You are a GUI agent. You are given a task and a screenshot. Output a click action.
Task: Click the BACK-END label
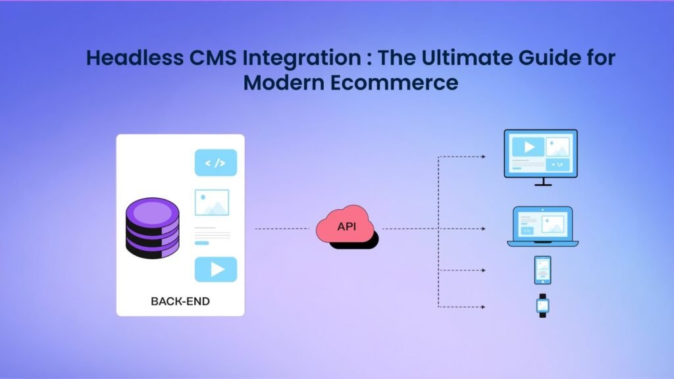180,301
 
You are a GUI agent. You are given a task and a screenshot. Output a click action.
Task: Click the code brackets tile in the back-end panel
215,163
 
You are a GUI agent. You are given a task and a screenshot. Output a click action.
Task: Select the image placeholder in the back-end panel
212,203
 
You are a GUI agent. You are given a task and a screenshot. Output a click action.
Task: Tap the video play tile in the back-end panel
215,269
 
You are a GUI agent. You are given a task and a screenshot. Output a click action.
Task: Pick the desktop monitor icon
540,154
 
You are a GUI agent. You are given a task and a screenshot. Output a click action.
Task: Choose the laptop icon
542,226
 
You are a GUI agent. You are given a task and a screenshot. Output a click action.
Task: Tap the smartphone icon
542,270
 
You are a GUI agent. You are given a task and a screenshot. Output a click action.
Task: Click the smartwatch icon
543,305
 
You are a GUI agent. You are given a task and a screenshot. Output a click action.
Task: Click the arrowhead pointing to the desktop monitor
483,157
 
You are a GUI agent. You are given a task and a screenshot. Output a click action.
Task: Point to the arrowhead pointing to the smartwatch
483,307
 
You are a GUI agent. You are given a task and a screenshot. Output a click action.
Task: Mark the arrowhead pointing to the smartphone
483,270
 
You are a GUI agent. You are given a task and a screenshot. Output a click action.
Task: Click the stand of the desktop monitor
543,182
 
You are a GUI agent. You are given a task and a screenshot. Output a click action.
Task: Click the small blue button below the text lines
202,243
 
